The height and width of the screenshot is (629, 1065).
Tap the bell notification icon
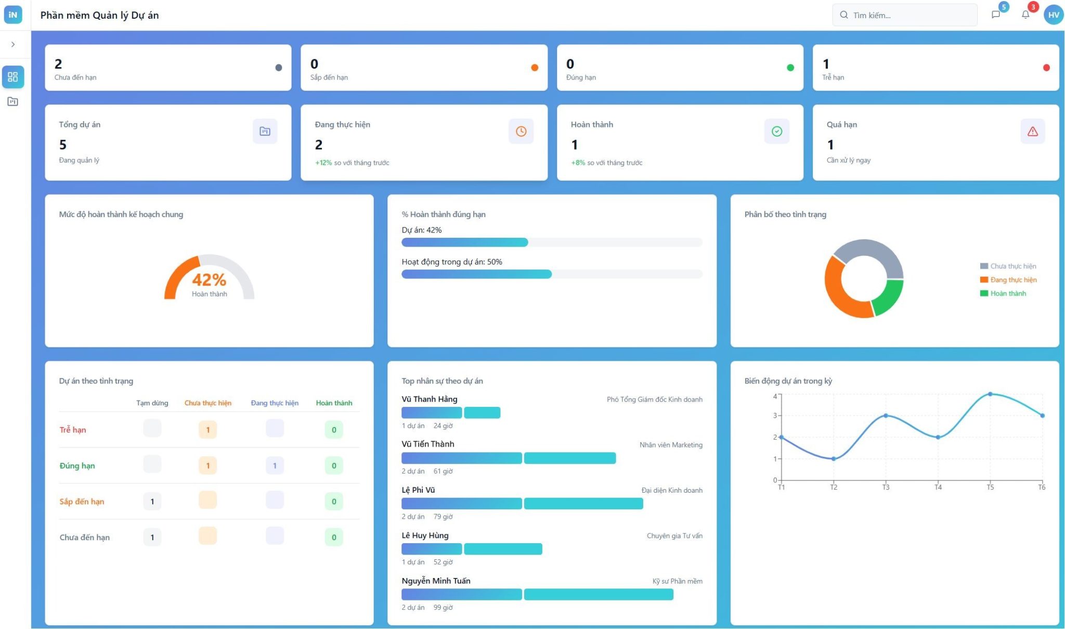[1025, 15]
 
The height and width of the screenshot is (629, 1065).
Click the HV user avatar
[1053, 15]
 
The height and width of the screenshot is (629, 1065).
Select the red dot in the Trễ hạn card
[1046, 68]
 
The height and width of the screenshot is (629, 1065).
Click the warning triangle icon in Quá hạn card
[1032, 131]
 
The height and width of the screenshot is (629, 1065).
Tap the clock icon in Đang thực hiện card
[521, 131]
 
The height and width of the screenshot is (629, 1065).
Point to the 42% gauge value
[209, 280]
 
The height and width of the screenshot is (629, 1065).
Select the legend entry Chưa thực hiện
[1012, 266]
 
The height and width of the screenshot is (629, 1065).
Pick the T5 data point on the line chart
[990, 394]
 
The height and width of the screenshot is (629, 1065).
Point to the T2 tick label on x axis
[834, 487]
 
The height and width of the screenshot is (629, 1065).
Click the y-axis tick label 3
[775, 415]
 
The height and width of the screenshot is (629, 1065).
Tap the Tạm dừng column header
[152, 403]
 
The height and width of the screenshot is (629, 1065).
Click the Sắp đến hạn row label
[82, 502]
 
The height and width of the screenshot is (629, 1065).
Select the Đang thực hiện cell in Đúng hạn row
[275, 466]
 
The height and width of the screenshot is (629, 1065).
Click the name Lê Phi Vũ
[418, 490]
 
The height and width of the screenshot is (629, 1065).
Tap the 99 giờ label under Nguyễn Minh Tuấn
[443, 607]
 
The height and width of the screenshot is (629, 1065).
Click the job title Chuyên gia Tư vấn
[674, 536]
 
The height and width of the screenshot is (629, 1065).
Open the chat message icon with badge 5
[995, 15]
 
